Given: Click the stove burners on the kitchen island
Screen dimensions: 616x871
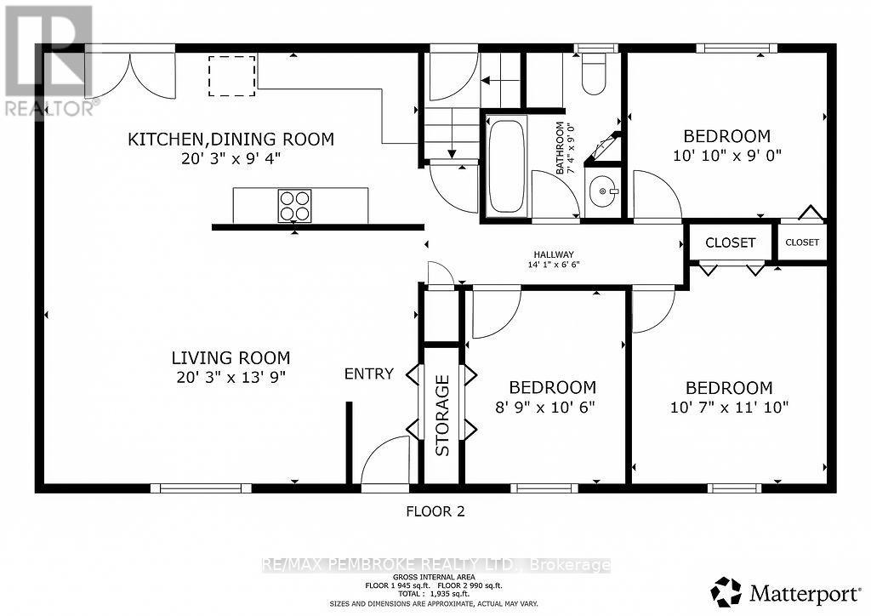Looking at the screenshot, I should point(294,205).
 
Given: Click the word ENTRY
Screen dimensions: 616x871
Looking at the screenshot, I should point(368,374).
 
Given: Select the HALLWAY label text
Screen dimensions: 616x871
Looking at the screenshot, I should point(554,254).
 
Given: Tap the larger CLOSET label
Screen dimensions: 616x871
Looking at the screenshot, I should point(730,242).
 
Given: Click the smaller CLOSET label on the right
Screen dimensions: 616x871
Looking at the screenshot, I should point(802,242).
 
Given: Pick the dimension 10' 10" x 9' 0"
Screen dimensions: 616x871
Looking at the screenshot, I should point(727,155).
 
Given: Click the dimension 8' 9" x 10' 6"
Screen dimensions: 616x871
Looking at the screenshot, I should point(545,407).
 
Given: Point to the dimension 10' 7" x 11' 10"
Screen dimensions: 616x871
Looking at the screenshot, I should point(729,407).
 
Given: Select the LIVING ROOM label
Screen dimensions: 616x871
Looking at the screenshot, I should point(231,358).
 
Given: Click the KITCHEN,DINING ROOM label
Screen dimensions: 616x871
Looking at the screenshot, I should point(231,139).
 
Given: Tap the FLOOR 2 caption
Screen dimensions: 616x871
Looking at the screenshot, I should point(435,511).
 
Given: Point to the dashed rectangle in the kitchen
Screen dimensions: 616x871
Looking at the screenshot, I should point(232,71).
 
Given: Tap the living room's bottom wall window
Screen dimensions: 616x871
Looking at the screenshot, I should point(201,488).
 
